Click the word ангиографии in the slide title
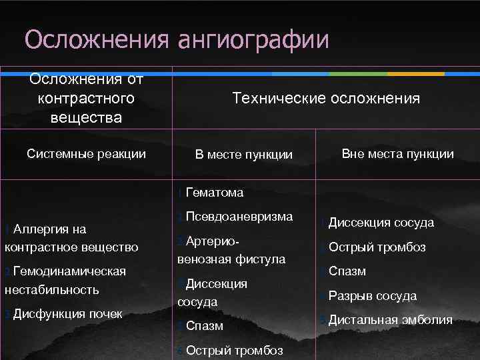pos(253,39)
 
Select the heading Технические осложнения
pos(326,99)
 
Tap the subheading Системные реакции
pos(86,154)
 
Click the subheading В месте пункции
pos(244,155)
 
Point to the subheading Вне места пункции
pos(397,154)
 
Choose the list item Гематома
pos(215,193)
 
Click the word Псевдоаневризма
pos(239,217)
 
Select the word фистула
pos(261,259)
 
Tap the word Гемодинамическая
pos(69,271)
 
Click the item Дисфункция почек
pos(67,313)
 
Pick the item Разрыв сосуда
pos(372,296)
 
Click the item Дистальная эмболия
pos(390,320)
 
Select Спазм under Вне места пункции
pos(347,272)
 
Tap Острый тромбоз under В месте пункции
pos(234,351)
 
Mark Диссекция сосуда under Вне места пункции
pos(381,223)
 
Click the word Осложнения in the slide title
pos(96,39)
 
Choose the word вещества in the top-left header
pos(86,118)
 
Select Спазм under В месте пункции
pos(205,327)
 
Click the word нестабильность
pos(51,290)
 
